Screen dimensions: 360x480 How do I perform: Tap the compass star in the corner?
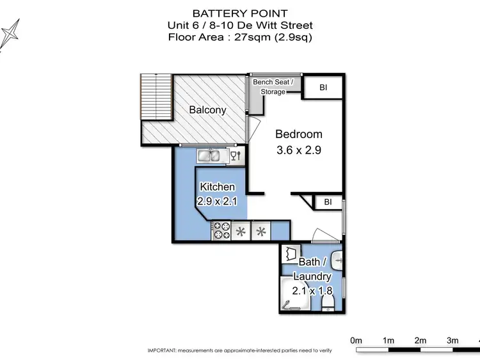point(10,33)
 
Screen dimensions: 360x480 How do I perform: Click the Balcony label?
point(207,110)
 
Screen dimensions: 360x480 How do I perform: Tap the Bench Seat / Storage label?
point(273,87)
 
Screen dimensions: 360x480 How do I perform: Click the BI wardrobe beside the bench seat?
point(323,88)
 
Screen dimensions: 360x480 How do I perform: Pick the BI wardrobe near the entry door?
point(328,203)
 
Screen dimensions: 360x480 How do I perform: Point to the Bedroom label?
point(298,134)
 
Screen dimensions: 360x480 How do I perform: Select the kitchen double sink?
point(209,155)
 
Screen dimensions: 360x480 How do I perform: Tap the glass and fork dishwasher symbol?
point(235,155)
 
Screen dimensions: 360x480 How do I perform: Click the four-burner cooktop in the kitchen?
point(222,230)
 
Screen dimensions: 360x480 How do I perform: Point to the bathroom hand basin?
point(339,259)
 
